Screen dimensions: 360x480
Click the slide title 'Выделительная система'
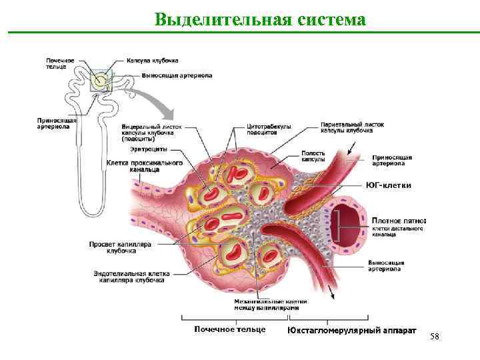pos(260,19)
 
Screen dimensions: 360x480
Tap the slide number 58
pos(435,337)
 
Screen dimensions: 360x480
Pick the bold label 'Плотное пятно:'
pos(399,220)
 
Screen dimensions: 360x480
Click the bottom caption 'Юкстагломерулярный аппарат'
pos(352,330)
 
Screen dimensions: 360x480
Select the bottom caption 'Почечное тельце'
pos(230,329)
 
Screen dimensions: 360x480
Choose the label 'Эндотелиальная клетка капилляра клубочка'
pos(132,277)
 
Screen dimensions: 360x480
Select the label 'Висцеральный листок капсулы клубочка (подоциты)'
pos(151,132)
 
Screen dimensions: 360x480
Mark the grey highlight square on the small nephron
pos(101,81)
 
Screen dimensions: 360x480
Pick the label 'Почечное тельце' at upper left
pos(61,64)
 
